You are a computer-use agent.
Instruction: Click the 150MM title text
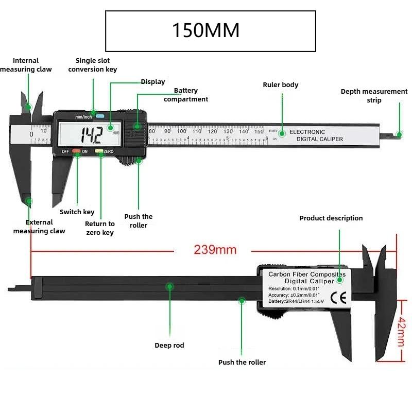pos(205,31)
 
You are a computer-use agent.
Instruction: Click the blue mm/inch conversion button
pos(99,116)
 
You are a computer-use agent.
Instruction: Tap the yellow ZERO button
pos(99,152)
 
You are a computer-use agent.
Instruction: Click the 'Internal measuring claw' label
pos(26,65)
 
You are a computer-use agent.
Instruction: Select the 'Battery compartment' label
pos(186,95)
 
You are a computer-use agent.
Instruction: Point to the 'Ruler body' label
pos(280,85)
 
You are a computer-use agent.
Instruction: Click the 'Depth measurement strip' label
pos(374,96)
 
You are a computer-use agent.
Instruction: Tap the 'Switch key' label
pos(77,212)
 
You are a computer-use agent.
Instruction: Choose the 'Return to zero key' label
pos(100,228)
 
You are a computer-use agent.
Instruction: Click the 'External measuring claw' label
pos(39,227)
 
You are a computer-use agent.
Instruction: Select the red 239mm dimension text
pos(215,250)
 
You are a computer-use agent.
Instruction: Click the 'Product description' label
pos(331,218)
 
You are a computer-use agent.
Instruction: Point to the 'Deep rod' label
pos(169,345)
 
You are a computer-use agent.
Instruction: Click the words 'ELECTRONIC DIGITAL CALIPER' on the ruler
pos(316,135)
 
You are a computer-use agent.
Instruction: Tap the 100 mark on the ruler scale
pos(181,131)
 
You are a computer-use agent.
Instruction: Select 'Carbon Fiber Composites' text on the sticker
pos(305,274)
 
